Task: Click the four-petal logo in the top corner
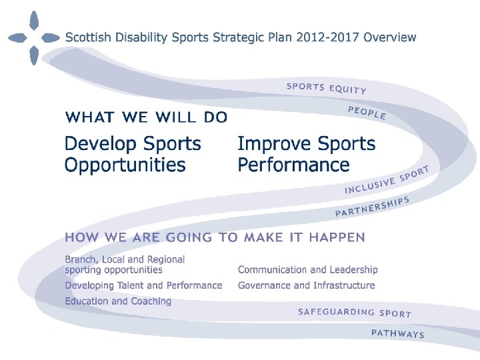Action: click(x=33, y=38)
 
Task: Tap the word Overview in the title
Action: click(x=389, y=37)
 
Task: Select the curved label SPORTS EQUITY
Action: click(x=326, y=88)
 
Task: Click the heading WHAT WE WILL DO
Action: click(x=146, y=117)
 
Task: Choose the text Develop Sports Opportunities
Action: click(x=132, y=154)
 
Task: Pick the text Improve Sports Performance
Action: click(x=306, y=154)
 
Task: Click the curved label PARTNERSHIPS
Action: click(x=371, y=207)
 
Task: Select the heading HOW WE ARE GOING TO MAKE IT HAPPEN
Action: click(x=215, y=237)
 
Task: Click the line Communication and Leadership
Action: click(x=307, y=270)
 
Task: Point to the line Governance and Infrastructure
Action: click(x=306, y=285)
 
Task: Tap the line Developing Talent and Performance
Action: click(x=143, y=285)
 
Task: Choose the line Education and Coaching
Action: click(x=118, y=301)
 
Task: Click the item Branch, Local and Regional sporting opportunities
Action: click(x=125, y=265)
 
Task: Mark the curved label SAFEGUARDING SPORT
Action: click(x=354, y=312)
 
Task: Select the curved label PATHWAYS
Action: click(x=397, y=333)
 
